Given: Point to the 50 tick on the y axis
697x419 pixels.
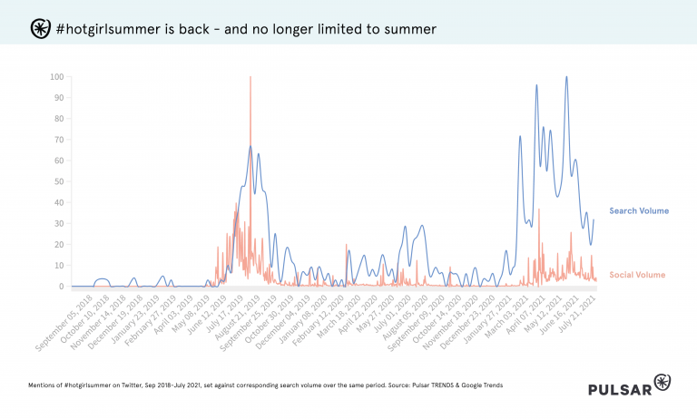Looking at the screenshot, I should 58,181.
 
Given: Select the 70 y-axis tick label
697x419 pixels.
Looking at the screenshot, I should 58,140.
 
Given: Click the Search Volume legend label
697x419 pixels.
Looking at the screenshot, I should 638,211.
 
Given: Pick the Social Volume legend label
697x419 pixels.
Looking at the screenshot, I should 636,275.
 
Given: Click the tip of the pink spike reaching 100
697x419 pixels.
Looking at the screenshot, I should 250,78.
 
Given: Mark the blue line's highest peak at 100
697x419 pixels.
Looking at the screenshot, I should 566,78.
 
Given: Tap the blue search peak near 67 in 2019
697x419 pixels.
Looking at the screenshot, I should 250,146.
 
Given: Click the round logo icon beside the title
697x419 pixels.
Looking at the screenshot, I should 41,29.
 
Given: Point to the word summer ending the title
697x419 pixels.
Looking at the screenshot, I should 407,29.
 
